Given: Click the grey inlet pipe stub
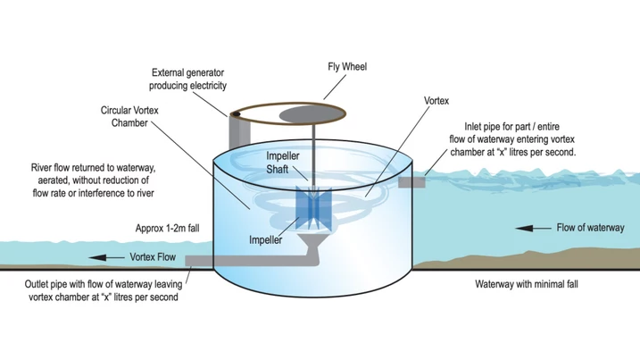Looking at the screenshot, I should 412,182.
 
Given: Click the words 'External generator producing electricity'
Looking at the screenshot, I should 189,79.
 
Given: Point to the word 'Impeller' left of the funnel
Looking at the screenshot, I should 265,241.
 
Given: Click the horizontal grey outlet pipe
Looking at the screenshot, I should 241,262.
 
